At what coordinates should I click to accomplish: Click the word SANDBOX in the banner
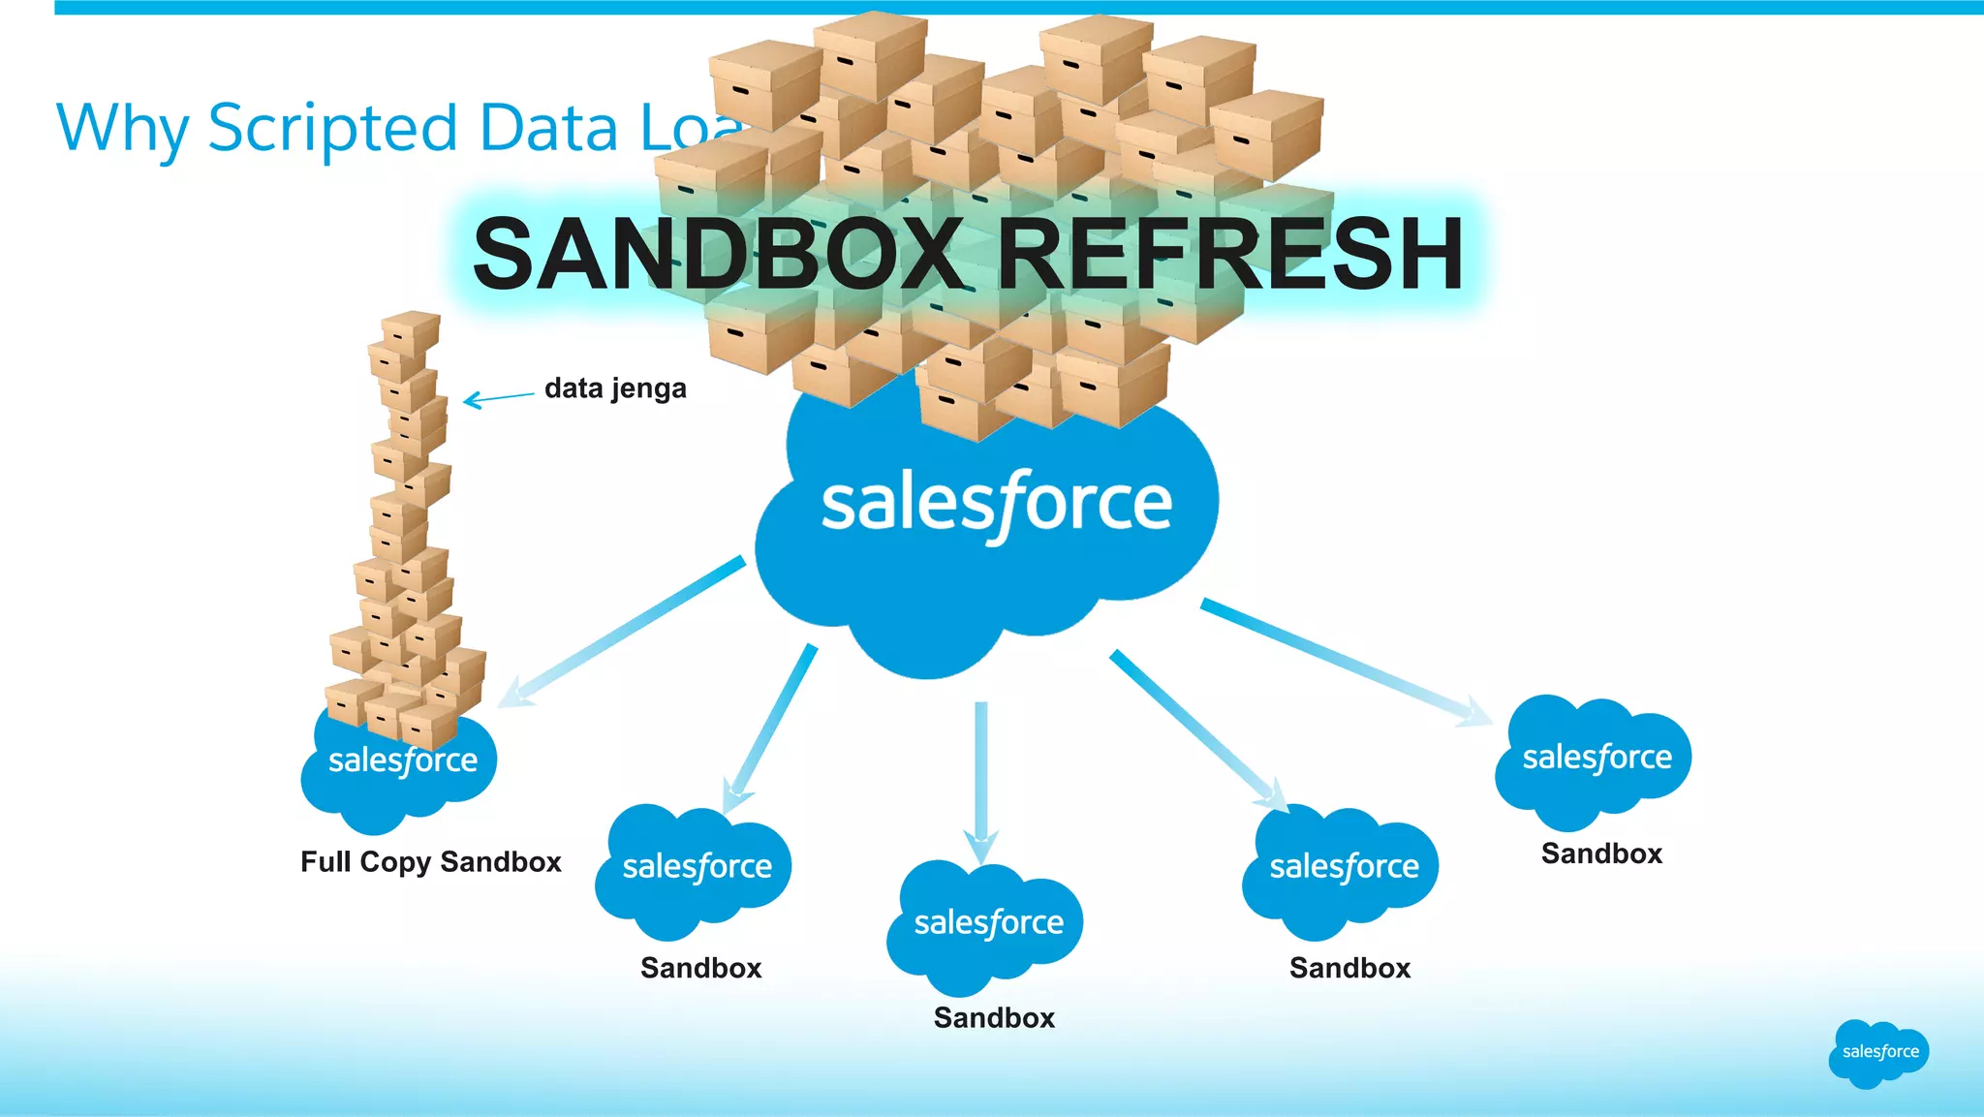(717, 254)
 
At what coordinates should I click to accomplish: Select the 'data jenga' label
(615, 388)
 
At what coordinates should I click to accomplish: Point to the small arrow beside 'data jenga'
(498, 397)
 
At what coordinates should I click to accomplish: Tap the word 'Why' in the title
(122, 129)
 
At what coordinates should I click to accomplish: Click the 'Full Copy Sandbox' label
(430, 861)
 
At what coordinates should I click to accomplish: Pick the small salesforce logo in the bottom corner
(1879, 1052)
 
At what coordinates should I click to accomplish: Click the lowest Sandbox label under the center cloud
(994, 1017)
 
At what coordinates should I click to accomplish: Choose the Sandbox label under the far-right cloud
(1601, 853)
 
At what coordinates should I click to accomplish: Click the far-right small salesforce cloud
(1596, 758)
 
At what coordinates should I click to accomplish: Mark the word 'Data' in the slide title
(548, 129)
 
